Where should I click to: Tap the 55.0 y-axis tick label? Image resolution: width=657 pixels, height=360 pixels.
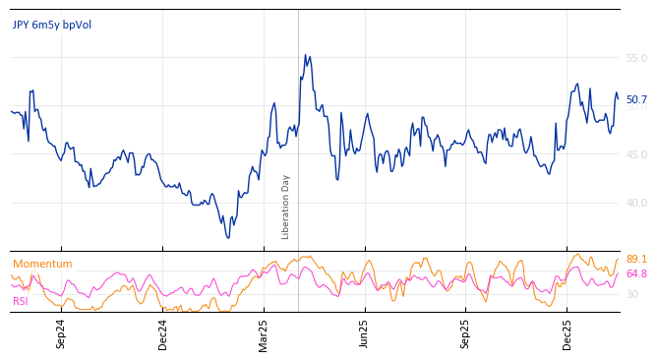point(636,59)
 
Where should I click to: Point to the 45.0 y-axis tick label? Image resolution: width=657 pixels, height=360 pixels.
point(636,154)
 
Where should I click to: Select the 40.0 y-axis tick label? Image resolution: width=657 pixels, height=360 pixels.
point(636,203)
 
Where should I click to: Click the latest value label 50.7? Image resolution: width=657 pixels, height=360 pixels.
point(636,99)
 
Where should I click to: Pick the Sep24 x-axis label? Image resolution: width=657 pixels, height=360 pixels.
point(61,333)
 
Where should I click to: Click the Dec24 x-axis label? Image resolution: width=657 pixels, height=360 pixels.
point(163,333)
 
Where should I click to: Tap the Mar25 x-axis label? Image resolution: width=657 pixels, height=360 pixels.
point(264,333)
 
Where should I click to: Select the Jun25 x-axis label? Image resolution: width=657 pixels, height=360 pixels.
point(364,333)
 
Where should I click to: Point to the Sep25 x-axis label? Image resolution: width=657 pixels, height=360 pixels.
point(465,333)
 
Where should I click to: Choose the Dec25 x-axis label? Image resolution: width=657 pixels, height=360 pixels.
point(567,333)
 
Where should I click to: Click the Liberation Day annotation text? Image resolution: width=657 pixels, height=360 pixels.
point(286,207)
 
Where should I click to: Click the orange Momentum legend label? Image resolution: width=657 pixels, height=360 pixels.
point(42,265)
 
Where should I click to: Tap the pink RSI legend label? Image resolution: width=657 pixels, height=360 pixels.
point(20,301)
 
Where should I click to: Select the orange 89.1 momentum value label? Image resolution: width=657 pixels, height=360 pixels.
point(636,260)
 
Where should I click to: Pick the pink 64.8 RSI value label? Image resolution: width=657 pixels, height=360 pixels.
point(636,274)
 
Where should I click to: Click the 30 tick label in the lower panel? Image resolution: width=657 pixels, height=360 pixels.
point(631,294)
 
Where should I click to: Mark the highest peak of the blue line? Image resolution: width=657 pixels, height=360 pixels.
point(305,55)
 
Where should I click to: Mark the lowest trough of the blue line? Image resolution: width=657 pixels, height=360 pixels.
point(228,238)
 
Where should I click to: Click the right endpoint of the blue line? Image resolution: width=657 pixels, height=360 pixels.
point(619,99)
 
